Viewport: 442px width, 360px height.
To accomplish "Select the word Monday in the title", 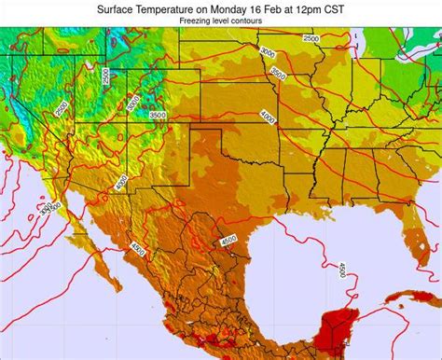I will pyautogui.click(x=244, y=7).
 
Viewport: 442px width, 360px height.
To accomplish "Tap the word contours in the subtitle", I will pyautogui.click(x=245, y=20).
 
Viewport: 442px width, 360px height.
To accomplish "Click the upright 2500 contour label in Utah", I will pyautogui.click(x=106, y=76).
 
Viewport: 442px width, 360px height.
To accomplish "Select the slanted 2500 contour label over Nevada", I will pyautogui.click(x=61, y=109).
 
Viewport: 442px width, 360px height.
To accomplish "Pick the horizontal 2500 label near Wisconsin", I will pyautogui.click(x=311, y=38).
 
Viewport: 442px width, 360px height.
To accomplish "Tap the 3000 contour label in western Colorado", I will pyautogui.click(x=133, y=102).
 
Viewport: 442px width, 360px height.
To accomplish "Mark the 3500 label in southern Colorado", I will pyautogui.click(x=158, y=115).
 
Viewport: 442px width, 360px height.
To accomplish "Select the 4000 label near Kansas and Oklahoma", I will pyautogui.click(x=269, y=118).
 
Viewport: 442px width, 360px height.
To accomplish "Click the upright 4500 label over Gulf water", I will pyautogui.click(x=341, y=270).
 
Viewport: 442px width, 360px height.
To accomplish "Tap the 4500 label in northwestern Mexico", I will pyautogui.click(x=138, y=249).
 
